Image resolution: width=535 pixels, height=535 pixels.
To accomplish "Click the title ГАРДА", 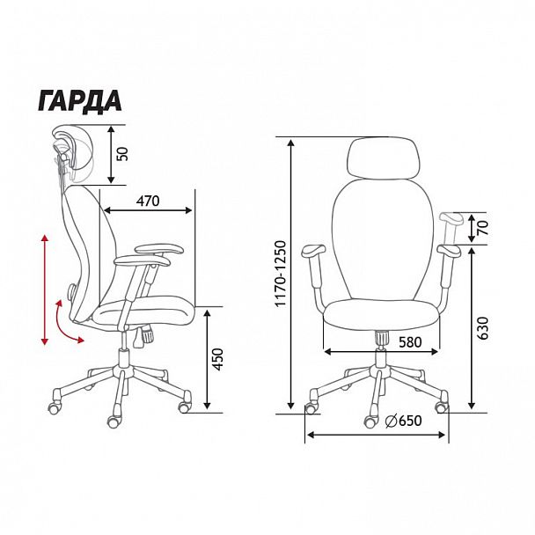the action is pyautogui.click(x=80, y=101).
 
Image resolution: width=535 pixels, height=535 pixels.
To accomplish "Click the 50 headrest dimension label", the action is pyautogui.click(x=123, y=154).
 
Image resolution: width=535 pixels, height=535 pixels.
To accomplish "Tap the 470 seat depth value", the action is pyautogui.click(x=148, y=201).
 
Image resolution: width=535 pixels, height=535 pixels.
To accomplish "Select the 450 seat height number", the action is pyautogui.click(x=217, y=359).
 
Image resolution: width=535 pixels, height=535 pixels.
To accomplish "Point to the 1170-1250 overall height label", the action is pyautogui.click(x=282, y=274).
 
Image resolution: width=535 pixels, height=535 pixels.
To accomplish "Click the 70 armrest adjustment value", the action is pyautogui.click(x=483, y=228).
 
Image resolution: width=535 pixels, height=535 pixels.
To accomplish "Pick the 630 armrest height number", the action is pyautogui.click(x=483, y=328).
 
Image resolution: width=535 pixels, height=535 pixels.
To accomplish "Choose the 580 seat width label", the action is pyautogui.click(x=410, y=342).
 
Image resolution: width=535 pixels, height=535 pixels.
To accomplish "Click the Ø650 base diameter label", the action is pyautogui.click(x=403, y=421).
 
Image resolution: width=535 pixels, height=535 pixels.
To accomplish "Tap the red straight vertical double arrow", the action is pyautogui.click(x=45, y=289).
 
